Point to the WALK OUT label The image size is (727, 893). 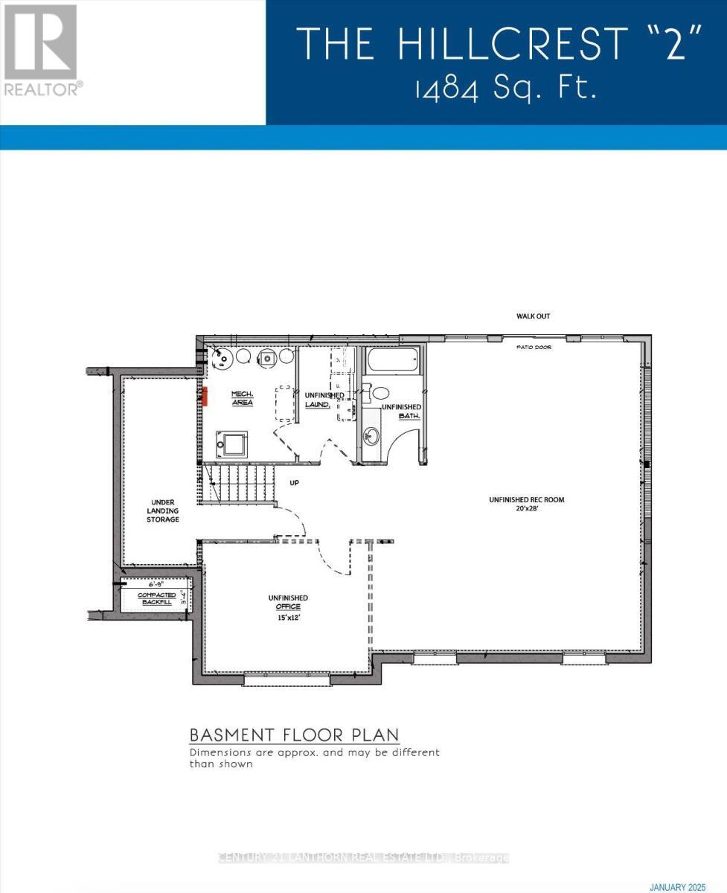(533, 316)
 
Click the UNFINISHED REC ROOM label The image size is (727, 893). (526, 500)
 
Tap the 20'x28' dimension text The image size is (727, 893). (526, 510)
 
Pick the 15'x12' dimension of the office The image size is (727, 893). (288, 618)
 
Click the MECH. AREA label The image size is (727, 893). (242, 397)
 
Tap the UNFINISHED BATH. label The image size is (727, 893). (402, 412)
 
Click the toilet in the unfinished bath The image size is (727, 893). (381, 392)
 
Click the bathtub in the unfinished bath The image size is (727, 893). (392, 362)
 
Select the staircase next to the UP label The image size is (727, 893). (238, 483)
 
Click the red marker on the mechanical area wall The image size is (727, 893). (202, 394)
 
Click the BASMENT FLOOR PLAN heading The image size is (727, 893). (294, 735)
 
